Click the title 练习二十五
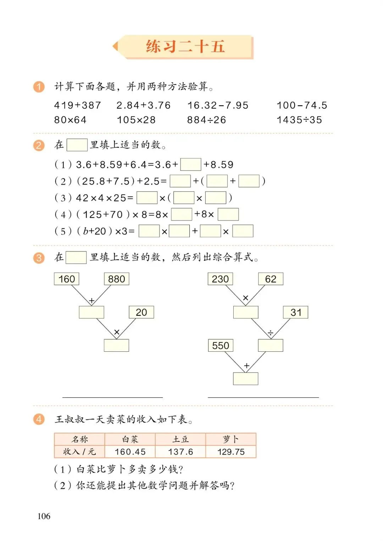[x=185, y=47]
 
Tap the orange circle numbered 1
[x=39, y=87]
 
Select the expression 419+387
[x=78, y=105]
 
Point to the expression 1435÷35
[x=299, y=120]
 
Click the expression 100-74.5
[x=302, y=105]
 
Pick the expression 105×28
[x=136, y=120]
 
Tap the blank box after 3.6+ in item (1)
[x=191, y=164]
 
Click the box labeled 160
[x=67, y=279]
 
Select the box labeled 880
[x=116, y=279]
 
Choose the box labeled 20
[x=141, y=312]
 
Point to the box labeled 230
[x=220, y=279]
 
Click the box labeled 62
[x=271, y=279]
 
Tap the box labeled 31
[x=295, y=312]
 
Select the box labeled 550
[x=221, y=346]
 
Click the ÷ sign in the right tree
[x=271, y=333]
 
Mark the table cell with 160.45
[x=130, y=452]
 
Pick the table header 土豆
[x=181, y=439]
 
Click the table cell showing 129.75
[x=231, y=452]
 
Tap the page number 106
[x=44, y=516]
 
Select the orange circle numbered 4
[x=39, y=419]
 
